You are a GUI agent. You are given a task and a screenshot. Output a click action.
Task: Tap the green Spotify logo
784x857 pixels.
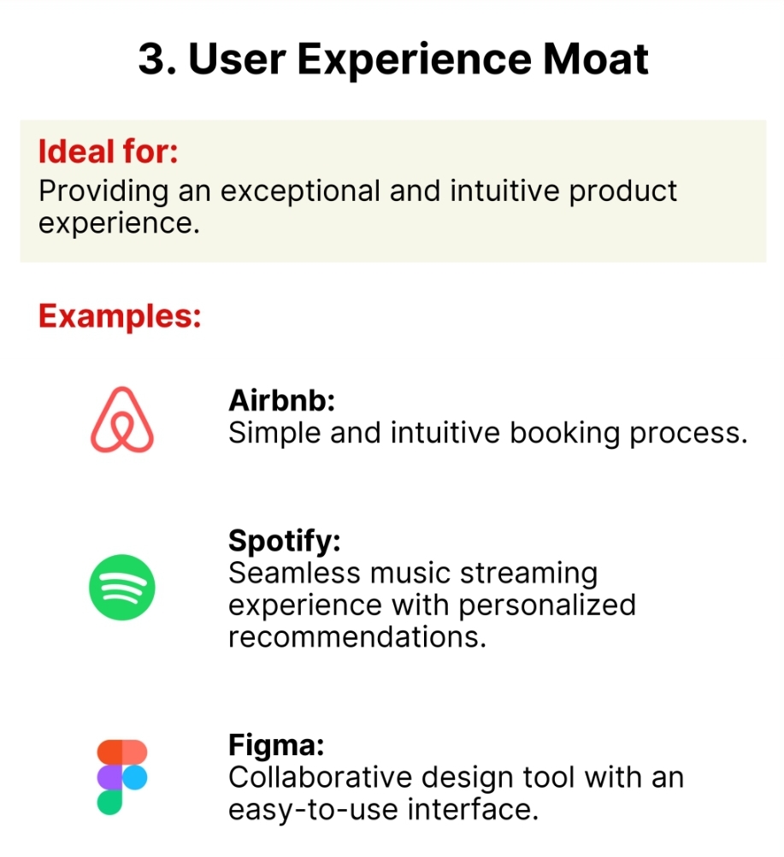click(x=122, y=587)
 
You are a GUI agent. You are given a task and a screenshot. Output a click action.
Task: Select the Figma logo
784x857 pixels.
click(x=122, y=777)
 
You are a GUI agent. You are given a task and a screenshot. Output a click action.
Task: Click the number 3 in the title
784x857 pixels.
click(x=152, y=59)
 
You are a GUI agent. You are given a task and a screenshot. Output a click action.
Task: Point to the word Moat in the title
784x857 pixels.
click(x=596, y=59)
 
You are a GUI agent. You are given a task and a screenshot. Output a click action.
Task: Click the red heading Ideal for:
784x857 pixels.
click(x=109, y=151)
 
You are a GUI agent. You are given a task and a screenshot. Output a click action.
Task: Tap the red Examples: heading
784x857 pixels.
click(x=120, y=316)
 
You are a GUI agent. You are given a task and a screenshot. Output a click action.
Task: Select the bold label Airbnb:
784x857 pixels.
click(x=281, y=400)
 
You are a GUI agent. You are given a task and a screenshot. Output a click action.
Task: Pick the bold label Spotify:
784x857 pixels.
click(x=285, y=541)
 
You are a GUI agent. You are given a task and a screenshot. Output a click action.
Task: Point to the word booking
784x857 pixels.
click(x=565, y=434)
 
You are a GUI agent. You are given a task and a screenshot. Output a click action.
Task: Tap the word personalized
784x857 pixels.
click(x=547, y=606)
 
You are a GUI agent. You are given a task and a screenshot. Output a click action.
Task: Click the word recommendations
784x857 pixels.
click(x=357, y=637)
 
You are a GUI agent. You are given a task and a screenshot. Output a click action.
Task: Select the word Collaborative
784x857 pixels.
click(x=320, y=777)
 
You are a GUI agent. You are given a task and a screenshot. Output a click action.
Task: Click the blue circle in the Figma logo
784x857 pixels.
click(x=135, y=777)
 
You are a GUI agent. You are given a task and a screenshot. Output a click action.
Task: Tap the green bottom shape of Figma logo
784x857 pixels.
click(x=109, y=802)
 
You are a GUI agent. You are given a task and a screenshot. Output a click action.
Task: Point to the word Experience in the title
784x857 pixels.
click(x=414, y=60)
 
